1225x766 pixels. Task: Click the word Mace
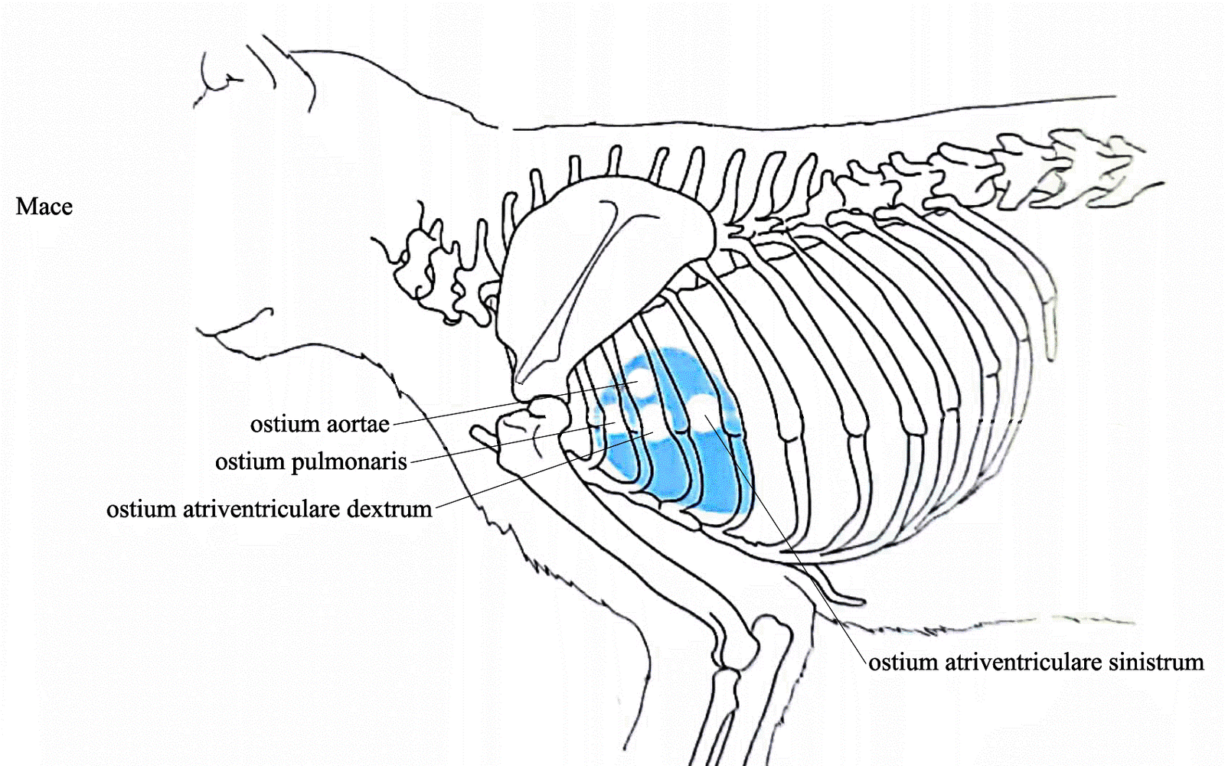(44, 207)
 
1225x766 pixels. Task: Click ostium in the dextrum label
(134, 509)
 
